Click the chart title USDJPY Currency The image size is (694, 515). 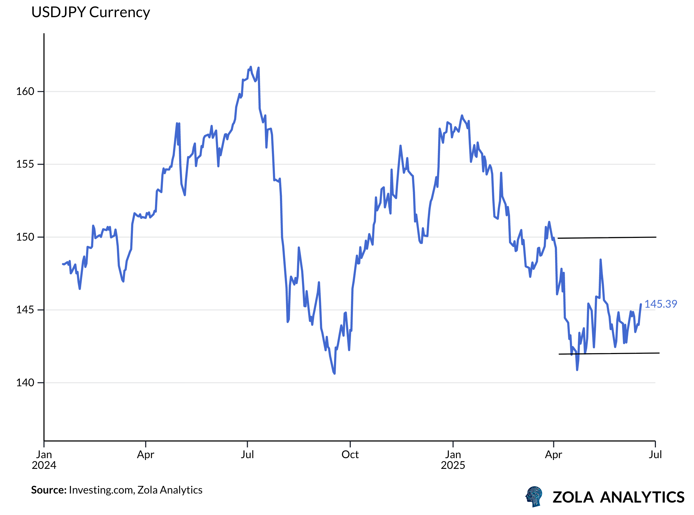pyautogui.click(x=90, y=12)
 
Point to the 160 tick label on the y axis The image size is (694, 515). pyautogui.click(x=25, y=92)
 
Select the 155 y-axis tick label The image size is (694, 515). pyautogui.click(x=25, y=164)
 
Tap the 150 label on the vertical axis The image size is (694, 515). pyautogui.click(x=25, y=237)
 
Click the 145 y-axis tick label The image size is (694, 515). pyautogui.click(x=25, y=310)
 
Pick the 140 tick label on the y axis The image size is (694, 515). pyautogui.click(x=25, y=383)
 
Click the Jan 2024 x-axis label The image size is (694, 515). pyautogui.click(x=44, y=460)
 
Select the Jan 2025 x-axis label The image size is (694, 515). pyautogui.click(x=453, y=460)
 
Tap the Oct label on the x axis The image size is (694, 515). pyautogui.click(x=350, y=455)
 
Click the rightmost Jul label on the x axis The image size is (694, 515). pyautogui.click(x=655, y=455)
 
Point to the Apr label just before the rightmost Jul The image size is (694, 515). pyautogui.click(x=553, y=455)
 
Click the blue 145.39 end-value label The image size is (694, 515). pyautogui.click(x=661, y=304)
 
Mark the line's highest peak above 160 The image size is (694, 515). pyautogui.click(x=250, y=67)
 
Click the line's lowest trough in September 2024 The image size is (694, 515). pyautogui.click(x=334, y=373)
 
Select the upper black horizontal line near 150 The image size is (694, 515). pyautogui.click(x=608, y=238)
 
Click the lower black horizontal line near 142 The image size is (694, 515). pyautogui.click(x=608, y=354)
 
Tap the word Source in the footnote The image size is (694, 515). pyautogui.click(x=49, y=490)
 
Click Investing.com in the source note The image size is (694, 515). pyautogui.click(x=102, y=490)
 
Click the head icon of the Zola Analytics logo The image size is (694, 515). pyautogui.click(x=534, y=496)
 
